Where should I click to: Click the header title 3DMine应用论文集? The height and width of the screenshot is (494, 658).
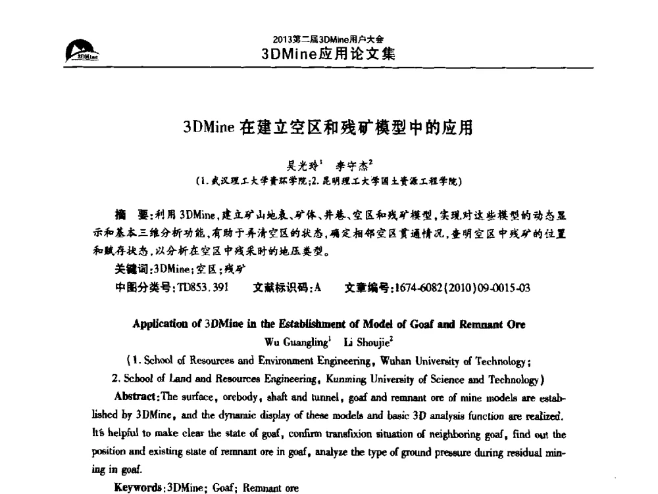[x=328, y=53]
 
